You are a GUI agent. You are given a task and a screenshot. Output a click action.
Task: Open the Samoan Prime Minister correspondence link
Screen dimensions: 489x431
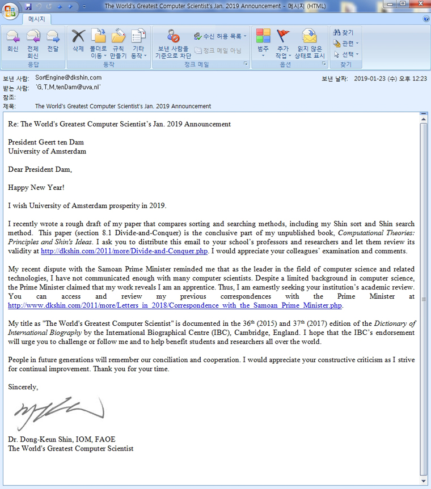point(175,305)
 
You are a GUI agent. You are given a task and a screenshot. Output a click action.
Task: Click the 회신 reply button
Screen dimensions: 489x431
point(12,43)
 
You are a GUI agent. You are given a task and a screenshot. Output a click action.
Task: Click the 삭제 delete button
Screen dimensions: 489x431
point(78,43)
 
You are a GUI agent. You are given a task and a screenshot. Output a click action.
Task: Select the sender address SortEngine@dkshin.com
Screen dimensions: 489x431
point(68,78)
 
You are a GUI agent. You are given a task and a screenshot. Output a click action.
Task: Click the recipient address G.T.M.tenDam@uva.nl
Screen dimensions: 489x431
point(67,87)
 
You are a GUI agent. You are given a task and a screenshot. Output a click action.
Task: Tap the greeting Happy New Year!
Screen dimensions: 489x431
point(36,187)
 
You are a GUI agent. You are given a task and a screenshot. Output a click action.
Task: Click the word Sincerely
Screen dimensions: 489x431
point(23,387)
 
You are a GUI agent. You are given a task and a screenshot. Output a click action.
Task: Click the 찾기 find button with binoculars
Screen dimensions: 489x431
point(344,33)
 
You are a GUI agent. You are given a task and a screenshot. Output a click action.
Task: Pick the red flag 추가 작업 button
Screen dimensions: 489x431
point(282,43)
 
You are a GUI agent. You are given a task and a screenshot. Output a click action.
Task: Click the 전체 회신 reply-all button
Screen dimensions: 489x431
point(33,43)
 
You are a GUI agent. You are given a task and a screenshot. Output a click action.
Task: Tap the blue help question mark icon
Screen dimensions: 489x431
point(426,19)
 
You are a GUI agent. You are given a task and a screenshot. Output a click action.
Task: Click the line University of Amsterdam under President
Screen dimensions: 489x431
point(47,151)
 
